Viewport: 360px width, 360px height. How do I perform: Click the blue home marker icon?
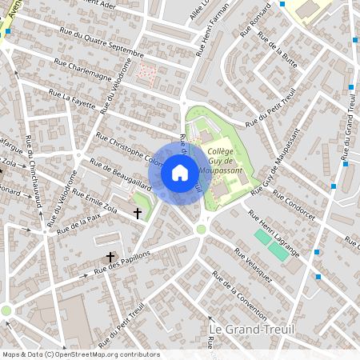[x=180, y=172]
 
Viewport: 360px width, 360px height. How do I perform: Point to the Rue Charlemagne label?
[x=83, y=63]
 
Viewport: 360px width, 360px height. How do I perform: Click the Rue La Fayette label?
[x=71, y=98]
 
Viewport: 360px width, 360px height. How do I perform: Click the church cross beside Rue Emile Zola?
[x=138, y=214]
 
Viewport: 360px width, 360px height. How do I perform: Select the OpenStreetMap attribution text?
[x=80, y=354]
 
